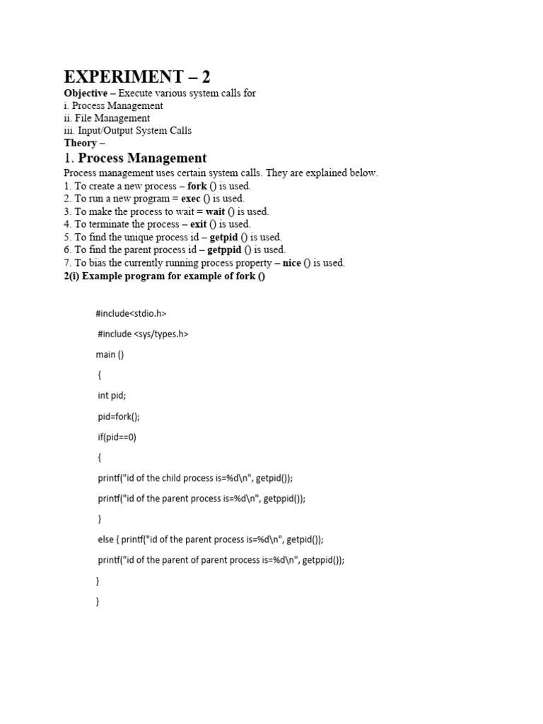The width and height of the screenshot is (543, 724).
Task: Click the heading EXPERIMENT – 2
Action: (x=137, y=77)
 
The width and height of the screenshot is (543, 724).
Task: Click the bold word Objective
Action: (x=86, y=93)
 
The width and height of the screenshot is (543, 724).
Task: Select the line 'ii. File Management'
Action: (x=107, y=118)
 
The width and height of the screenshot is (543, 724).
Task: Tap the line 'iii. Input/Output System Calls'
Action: (x=127, y=131)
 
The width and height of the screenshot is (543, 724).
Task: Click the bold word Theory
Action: (x=80, y=143)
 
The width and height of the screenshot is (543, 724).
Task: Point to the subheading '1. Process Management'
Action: (x=135, y=158)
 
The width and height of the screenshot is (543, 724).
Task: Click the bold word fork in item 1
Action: (x=197, y=186)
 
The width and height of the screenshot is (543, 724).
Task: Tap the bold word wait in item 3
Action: (x=215, y=211)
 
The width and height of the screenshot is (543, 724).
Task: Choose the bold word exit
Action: (x=200, y=224)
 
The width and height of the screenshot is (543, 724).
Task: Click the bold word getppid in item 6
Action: (x=225, y=250)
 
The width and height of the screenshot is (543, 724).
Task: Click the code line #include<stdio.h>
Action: (x=131, y=313)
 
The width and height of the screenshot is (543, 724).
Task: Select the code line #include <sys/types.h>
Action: (x=144, y=334)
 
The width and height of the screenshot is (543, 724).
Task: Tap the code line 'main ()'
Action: (x=110, y=354)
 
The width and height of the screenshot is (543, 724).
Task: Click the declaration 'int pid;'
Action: (x=112, y=396)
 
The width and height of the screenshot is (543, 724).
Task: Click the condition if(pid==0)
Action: (x=117, y=437)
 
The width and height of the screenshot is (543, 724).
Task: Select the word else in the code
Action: (x=105, y=539)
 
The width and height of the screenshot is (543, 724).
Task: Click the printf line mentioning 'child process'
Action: (x=195, y=478)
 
